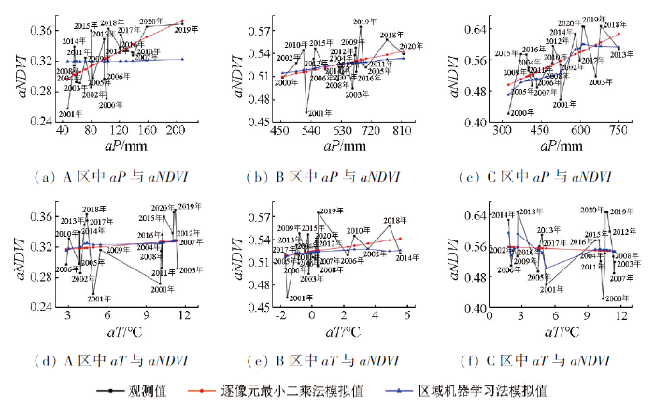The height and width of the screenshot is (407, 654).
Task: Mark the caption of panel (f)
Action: (545, 359)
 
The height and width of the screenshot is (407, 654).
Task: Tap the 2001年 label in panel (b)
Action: (320, 113)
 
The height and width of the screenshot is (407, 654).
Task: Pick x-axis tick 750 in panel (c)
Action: (618, 133)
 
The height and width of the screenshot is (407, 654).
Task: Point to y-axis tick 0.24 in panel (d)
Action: (37, 307)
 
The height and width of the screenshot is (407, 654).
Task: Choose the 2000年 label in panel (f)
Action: (613, 298)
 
